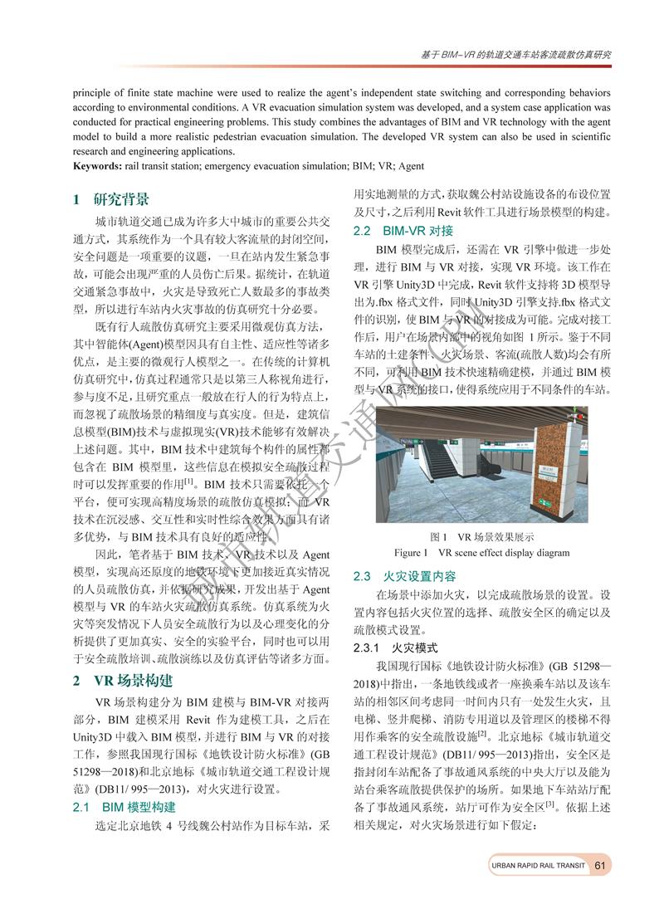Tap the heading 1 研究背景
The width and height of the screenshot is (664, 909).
pos(110,199)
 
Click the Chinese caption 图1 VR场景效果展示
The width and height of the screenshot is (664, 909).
pos(481,536)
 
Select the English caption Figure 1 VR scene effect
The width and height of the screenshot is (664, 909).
pos(481,553)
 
